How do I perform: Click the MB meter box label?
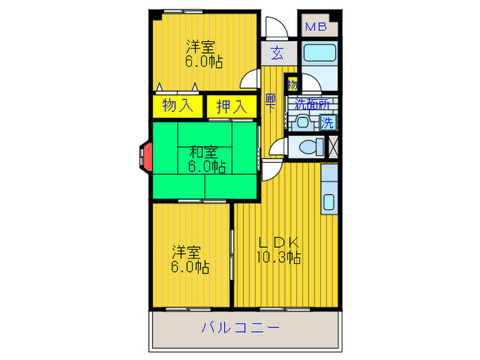point(315,27)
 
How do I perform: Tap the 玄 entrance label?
point(277,53)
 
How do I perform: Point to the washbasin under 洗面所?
point(302,123)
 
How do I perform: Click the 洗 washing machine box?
point(328,123)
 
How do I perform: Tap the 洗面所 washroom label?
point(312,105)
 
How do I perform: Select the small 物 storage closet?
point(292,85)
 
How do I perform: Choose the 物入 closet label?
point(177,106)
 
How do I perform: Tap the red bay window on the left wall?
point(145,156)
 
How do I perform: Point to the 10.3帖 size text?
point(278,257)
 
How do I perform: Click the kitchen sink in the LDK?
point(329,202)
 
